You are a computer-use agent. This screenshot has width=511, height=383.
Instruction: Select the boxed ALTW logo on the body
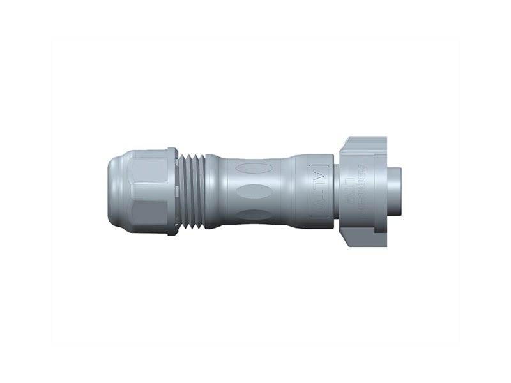pyautogui.click(x=319, y=191)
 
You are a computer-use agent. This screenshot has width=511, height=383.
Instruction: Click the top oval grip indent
pyautogui.click(x=254, y=169)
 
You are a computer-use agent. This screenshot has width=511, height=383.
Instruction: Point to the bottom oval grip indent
pyautogui.click(x=254, y=214)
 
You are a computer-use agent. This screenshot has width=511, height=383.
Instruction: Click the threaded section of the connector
pyautogui.click(x=192, y=191)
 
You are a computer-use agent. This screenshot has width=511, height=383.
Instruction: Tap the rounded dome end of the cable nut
pyautogui.click(x=113, y=191)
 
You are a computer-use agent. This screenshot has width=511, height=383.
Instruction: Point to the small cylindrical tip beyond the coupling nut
pyautogui.click(x=394, y=191)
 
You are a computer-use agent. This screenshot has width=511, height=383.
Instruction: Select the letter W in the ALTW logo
pyautogui.click(x=319, y=208)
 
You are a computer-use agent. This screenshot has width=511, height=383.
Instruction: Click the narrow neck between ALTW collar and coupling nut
pyautogui.click(x=336, y=191)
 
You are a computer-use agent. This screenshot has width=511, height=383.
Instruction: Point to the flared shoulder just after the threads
pyautogui.click(x=217, y=191)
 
